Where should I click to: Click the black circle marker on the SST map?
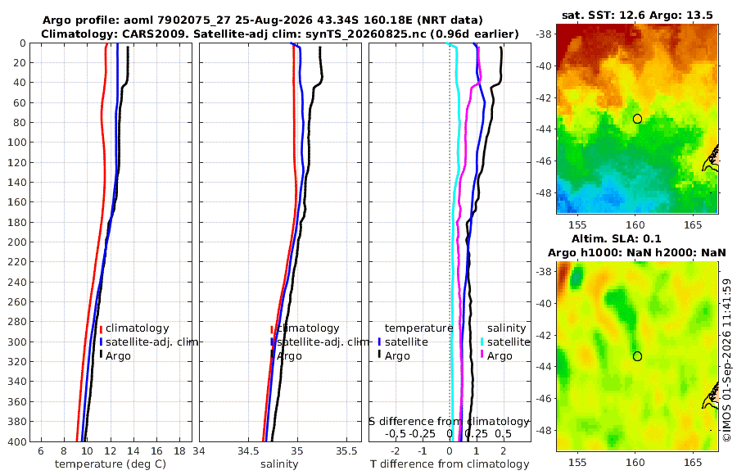click(637, 119)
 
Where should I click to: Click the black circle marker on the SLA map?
click(637, 356)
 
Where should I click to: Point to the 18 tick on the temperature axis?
click(179, 451)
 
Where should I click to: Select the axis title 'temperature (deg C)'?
click(111, 464)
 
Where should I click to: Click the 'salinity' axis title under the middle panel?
click(279, 464)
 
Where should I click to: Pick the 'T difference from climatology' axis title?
click(450, 464)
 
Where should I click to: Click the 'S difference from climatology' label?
click(449, 421)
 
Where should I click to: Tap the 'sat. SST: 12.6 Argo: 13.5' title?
click(637, 15)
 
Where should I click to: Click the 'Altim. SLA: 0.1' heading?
click(616, 238)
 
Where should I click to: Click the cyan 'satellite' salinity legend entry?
click(505, 342)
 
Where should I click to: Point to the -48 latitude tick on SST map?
click(544, 192)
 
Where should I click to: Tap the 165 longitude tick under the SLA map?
click(693, 462)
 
